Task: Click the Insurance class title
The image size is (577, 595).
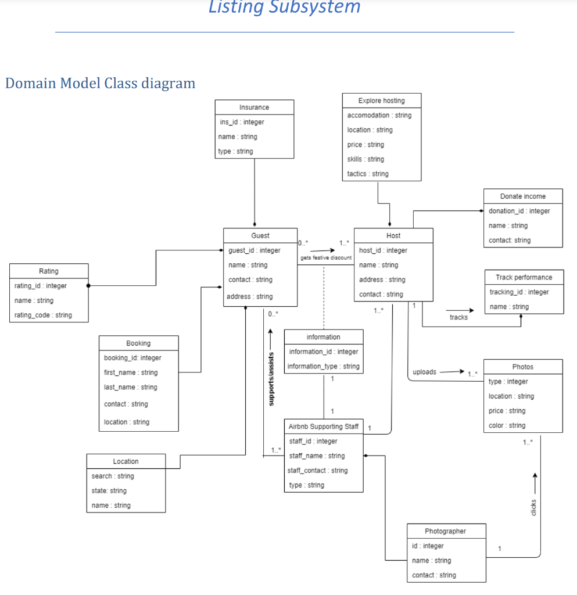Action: (x=254, y=107)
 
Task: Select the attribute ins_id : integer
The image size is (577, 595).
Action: (x=242, y=122)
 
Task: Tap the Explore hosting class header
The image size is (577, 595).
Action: (x=381, y=101)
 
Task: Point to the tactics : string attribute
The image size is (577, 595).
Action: (x=368, y=174)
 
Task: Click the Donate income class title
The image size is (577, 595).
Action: (x=522, y=196)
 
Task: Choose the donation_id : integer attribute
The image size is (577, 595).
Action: (x=519, y=211)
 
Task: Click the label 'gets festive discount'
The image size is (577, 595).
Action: (x=325, y=257)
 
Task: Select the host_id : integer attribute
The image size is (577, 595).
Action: (x=383, y=250)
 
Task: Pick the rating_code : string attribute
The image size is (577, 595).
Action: (x=43, y=315)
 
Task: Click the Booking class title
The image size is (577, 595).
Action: (x=138, y=343)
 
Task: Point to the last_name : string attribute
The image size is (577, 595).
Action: (x=130, y=387)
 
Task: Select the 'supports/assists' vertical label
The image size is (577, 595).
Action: (x=270, y=378)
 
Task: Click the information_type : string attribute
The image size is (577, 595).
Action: (x=323, y=366)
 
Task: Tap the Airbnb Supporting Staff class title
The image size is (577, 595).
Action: (x=323, y=426)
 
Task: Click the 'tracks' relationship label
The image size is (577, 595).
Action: (x=458, y=317)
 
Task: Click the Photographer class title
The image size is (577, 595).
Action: (x=445, y=531)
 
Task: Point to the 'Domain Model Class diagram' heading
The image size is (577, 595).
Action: (x=100, y=83)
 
